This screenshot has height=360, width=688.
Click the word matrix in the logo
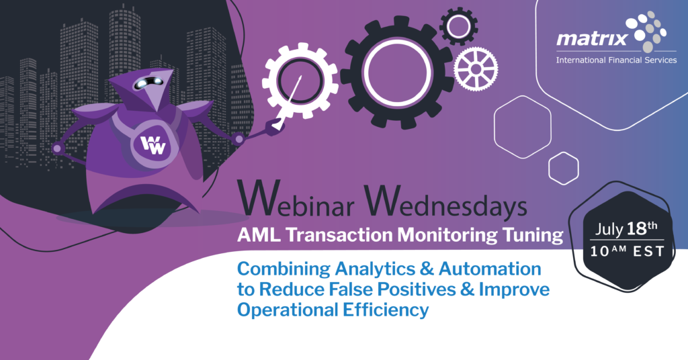pyautogui.click(x=592, y=38)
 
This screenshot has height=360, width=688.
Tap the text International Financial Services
pyautogui.click(x=616, y=60)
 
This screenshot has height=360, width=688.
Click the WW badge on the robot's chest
pyautogui.click(x=153, y=144)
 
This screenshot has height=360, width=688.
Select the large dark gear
pyautogui.click(x=397, y=73)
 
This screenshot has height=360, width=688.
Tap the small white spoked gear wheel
pyautogui.click(x=476, y=69)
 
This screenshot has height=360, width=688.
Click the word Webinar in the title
pyautogui.click(x=296, y=201)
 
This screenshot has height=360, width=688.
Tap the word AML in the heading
pyautogui.click(x=259, y=234)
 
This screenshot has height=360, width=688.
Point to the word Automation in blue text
pyautogui.click(x=490, y=269)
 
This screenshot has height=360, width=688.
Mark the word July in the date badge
pyautogui.click(x=609, y=230)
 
